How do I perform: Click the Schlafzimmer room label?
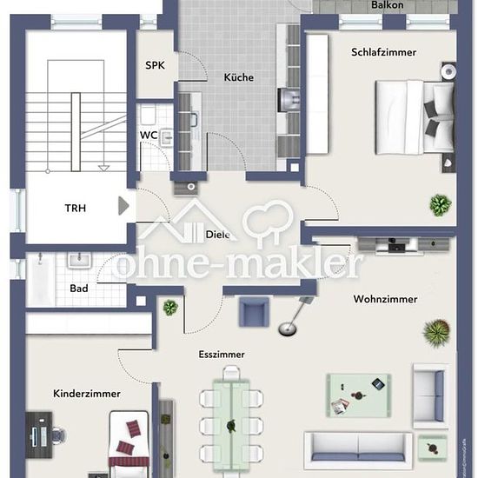383,52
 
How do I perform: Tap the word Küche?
239,77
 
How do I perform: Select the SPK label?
155,65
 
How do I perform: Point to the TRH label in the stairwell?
76,209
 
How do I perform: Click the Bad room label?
79,289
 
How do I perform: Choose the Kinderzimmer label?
87,394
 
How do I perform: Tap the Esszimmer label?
222,355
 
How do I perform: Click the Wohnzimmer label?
385,299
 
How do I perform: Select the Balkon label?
387,5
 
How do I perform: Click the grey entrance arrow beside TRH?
123,206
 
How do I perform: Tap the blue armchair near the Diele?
254,311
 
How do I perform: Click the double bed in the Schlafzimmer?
415,117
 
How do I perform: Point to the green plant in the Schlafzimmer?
441,205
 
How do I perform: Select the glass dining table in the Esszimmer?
231,425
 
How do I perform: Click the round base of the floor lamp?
287,329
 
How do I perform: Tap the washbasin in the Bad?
79,261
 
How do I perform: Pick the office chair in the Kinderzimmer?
59,435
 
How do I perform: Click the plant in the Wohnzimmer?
437,333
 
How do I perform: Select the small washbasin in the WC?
167,137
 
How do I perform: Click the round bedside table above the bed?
448,71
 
